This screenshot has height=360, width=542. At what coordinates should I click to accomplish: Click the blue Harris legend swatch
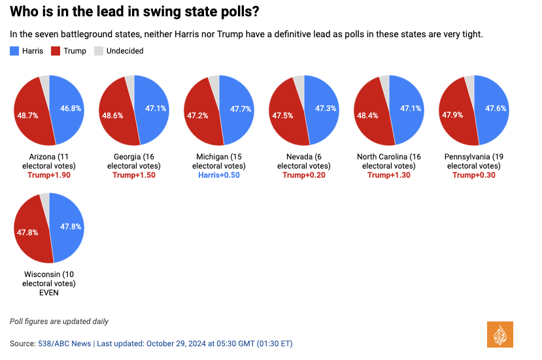pyautogui.click(x=14, y=51)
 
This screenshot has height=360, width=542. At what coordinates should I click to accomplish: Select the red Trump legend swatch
pyautogui.click(x=56, y=51)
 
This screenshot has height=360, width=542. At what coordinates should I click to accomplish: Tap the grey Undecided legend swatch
pyautogui.click(x=99, y=51)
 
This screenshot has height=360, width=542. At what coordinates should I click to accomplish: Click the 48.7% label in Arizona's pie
pyautogui.click(x=27, y=115)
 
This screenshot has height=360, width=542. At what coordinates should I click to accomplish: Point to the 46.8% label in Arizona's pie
pyautogui.click(x=71, y=108)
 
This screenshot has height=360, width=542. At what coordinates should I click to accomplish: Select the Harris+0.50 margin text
pyautogui.click(x=218, y=175)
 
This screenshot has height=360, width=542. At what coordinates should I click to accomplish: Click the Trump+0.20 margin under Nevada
pyautogui.click(x=304, y=175)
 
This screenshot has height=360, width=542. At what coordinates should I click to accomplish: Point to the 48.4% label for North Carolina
pyautogui.click(x=367, y=115)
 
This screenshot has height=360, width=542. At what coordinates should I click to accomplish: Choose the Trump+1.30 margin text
pyautogui.click(x=389, y=175)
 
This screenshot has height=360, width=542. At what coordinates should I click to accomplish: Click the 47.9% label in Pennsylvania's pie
pyautogui.click(x=452, y=115)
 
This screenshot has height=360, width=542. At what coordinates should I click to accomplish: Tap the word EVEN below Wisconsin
pyautogui.click(x=49, y=293)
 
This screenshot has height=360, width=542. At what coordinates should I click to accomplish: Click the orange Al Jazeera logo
pyautogui.click(x=500, y=334)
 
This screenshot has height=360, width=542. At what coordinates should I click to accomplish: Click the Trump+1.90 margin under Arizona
pyautogui.click(x=49, y=175)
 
